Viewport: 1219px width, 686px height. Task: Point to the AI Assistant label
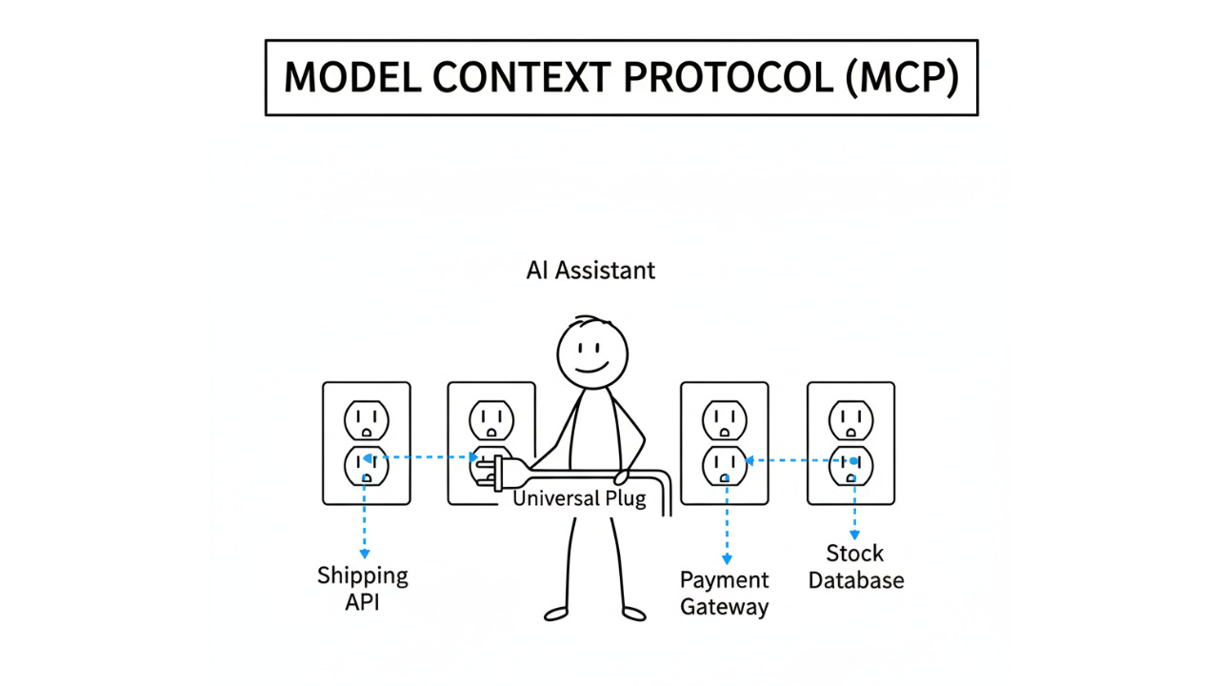pyautogui.click(x=590, y=271)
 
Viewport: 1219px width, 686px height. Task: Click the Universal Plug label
pyautogui.click(x=579, y=498)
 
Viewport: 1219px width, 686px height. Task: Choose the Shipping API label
pyautogui.click(x=363, y=588)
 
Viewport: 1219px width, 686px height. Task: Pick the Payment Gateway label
pyautogui.click(x=725, y=594)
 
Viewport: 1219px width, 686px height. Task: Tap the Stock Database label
pyautogui.click(x=855, y=567)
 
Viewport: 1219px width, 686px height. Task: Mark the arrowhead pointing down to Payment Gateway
pyautogui.click(x=728, y=561)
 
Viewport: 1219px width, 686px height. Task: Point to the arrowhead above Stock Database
pyautogui.click(x=854, y=535)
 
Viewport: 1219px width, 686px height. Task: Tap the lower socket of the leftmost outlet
pyautogui.click(x=367, y=464)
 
